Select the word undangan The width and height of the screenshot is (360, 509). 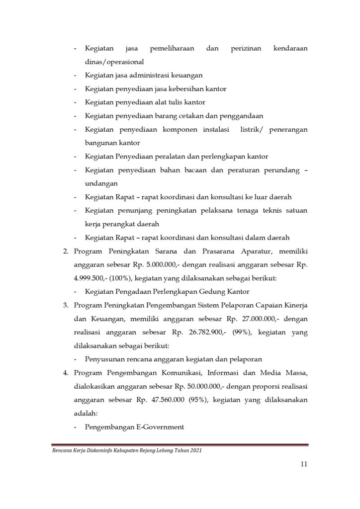point(102,183)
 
